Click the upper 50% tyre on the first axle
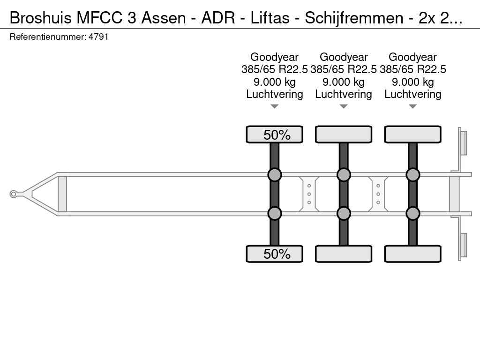point(275,135)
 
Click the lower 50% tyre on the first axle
point(275,254)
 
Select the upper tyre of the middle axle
point(344,135)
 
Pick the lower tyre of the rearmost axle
point(412,254)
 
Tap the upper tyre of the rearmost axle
point(412,135)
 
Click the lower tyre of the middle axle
point(344,254)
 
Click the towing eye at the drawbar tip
point(14,194)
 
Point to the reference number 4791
point(98,37)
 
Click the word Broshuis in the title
point(40,18)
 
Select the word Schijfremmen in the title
point(354,18)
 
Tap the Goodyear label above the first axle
point(275,57)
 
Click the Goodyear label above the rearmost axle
point(412,57)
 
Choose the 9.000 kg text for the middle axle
point(344,82)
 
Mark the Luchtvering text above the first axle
point(275,94)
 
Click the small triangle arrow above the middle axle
point(344,106)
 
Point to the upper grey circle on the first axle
point(275,175)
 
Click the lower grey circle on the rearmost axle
point(412,213)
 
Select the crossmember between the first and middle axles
point(309,194)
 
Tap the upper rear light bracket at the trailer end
point(463,142)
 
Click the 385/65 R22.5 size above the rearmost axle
point(412,69)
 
